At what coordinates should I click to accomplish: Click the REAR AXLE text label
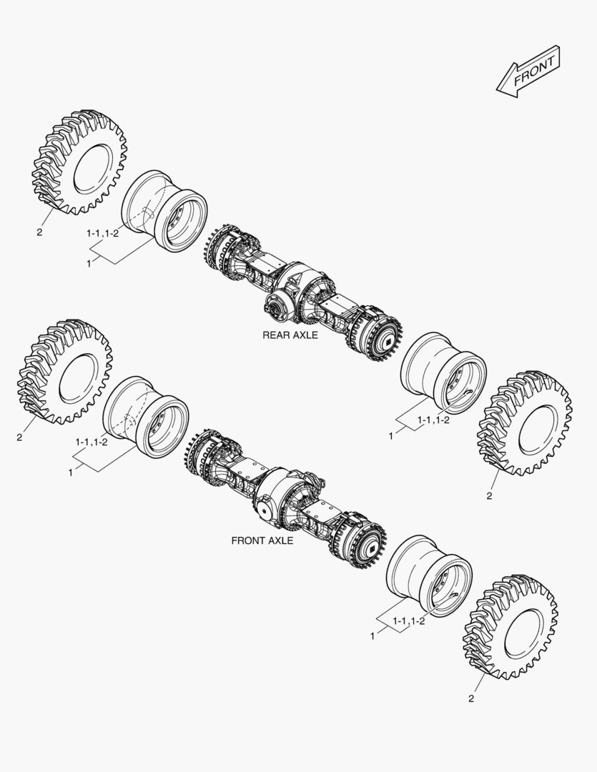point(289,335)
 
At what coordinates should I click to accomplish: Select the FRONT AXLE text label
point(262,541)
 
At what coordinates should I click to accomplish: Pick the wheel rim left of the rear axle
point(164,212)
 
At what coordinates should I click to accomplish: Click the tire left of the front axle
point(64,372)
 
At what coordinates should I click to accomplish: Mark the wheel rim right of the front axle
point(429,575)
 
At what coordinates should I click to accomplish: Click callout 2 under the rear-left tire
point(39,232)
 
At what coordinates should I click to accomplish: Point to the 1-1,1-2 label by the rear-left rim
point(102,234)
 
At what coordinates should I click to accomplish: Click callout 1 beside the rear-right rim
point(390,435)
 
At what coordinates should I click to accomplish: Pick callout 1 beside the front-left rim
point(71,472)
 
